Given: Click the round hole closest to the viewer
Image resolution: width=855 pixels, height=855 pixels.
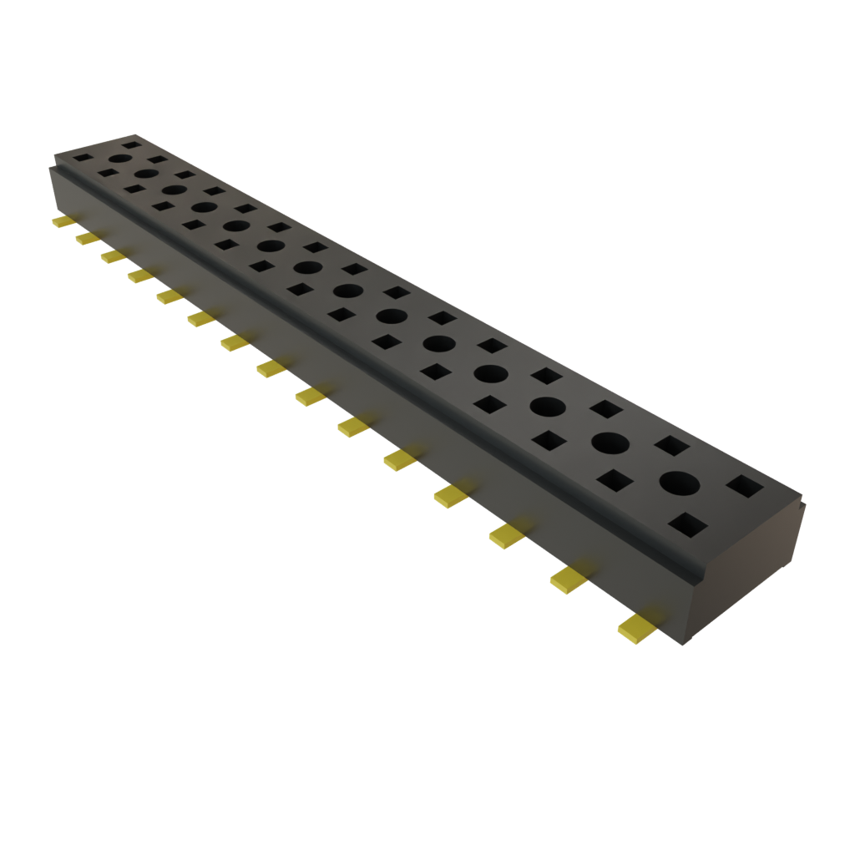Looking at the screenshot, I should pyautogui.click(x=679, y=483).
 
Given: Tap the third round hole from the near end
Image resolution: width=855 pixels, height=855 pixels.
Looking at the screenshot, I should pyautogui.click(x=547, y=406).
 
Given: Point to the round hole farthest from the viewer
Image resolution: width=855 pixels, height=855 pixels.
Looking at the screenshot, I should pyautogui.click(x=121, y=158).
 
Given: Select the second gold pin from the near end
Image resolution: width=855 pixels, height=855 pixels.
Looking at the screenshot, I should pyautogui.click(x=569, y=579).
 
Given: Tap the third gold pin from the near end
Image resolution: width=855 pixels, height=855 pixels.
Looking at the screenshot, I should pyautogui.click(x=508, y=535).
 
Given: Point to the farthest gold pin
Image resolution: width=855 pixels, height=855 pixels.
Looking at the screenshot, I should pyautogui.click(x=61, y=221).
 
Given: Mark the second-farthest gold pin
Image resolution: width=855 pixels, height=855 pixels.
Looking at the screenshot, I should pyautogui.click(x=85, y=239).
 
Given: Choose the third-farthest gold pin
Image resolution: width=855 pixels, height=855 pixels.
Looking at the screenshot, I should pyautogui.click(x=112, y=256).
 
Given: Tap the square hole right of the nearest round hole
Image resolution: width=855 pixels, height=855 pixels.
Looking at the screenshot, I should pyautogui.click(x=746, y=486).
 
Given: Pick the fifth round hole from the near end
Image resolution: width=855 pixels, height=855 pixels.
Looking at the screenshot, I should pyautogui.click(x=439, y=343).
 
